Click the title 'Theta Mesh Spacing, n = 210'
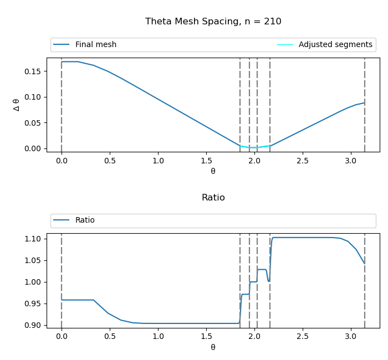coord(213,22)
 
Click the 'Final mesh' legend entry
coord(95,45)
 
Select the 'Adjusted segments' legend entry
coord(335,45)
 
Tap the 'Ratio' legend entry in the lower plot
coord(85,220)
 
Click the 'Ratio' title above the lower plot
coord(213,198)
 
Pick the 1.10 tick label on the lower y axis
coord(33,239)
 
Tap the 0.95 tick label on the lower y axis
coord(33,304)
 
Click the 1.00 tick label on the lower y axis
coord(33,282)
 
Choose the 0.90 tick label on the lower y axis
coord(33,325)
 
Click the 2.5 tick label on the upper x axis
coord(302,161)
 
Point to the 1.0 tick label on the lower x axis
coord(158,337)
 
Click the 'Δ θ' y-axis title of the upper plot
coord(17,105)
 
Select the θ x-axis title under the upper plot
coord(213,171)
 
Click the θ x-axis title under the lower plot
coord(213,347)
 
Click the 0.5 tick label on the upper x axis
coord(110,161)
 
